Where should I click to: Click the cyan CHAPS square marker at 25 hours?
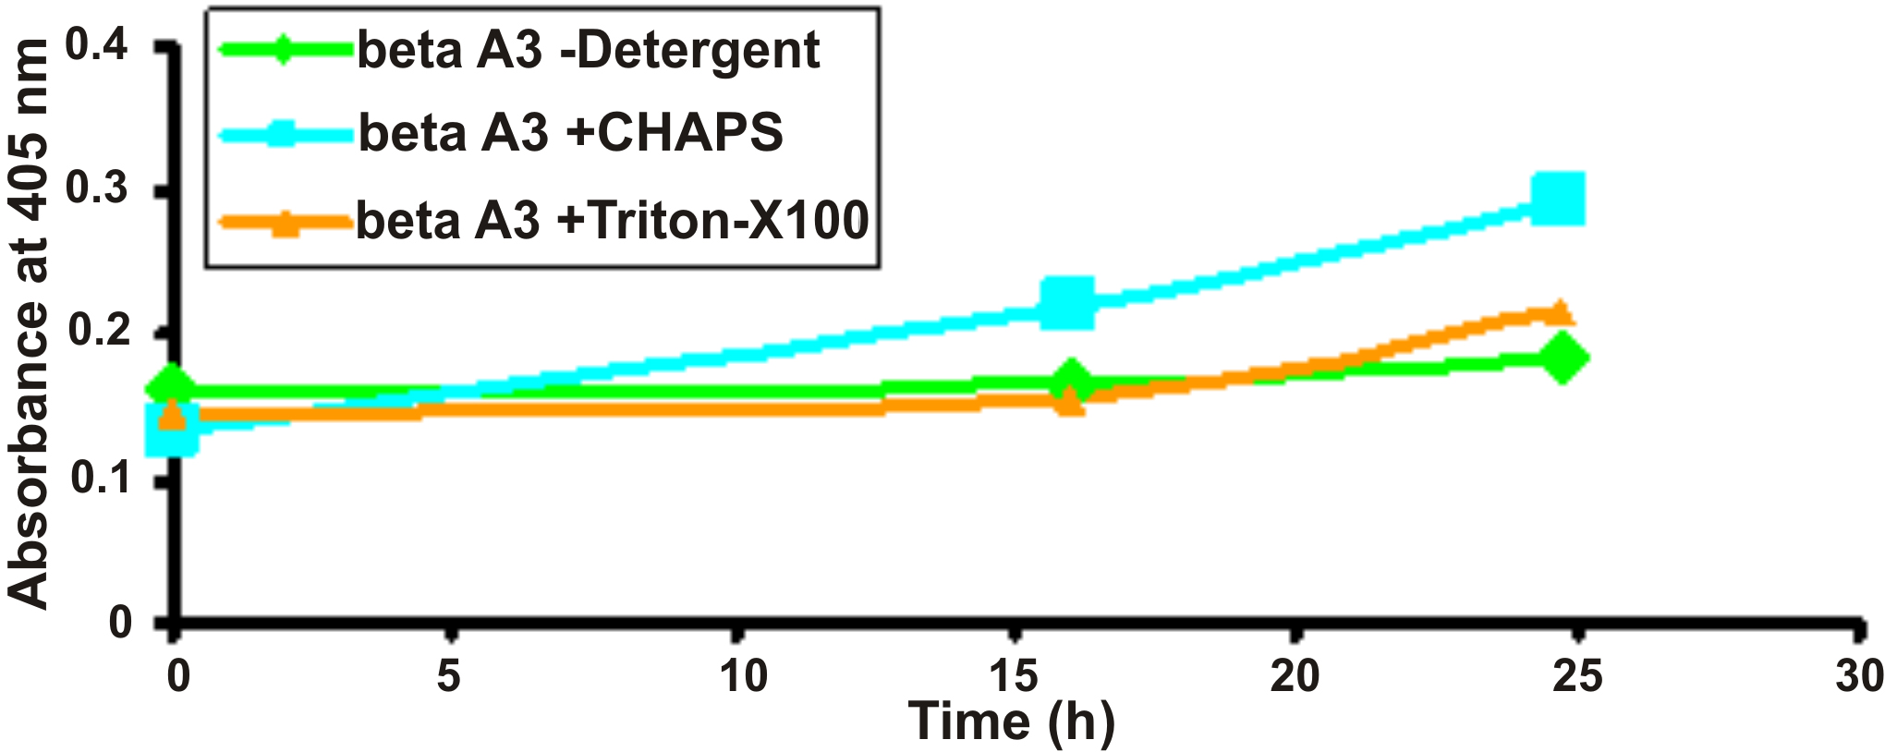[x=1558, y=198]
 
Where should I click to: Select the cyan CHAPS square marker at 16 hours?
[x=1067, y=302]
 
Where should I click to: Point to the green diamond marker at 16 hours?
[x=1071, y=380]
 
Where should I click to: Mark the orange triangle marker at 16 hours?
[x=1070, y=402]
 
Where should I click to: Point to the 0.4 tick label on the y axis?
[x=97, y=44]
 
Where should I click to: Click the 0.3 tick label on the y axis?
[x=97, y=188]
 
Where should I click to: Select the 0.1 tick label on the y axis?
[x=97, y=478]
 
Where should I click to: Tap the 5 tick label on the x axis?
[x=449, y=676]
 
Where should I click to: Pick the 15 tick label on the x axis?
[x=1014, y=676]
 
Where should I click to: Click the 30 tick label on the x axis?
[x=1858, y=676]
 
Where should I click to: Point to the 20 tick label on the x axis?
[x=1295, y=676]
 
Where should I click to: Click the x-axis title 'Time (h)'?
[x=1012, y=722]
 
